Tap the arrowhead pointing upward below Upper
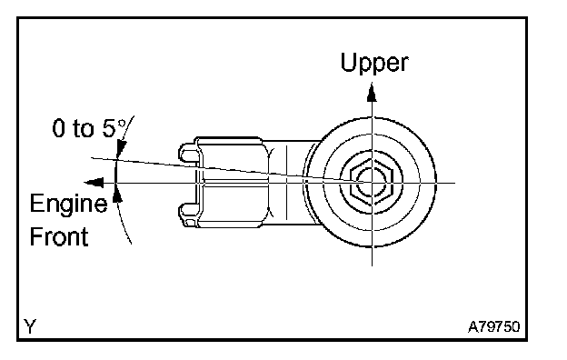372,93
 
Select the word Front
59,236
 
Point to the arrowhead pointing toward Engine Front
94,183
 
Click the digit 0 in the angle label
58,128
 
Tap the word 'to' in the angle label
84,128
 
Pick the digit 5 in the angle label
108,128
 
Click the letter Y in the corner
30,326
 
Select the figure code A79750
494,326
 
